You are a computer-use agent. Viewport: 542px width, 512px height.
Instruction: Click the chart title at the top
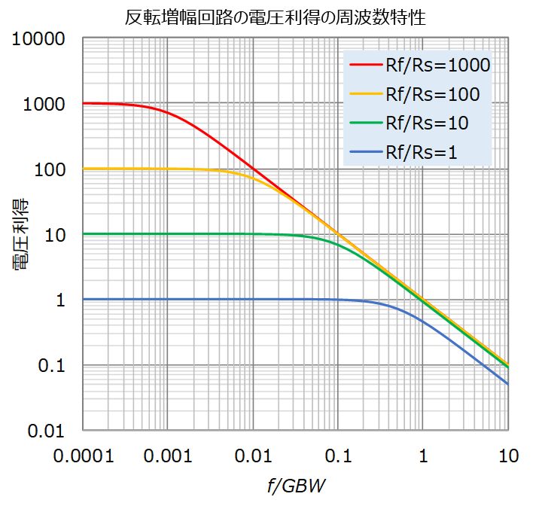pyautogui.click(x=275, y=17)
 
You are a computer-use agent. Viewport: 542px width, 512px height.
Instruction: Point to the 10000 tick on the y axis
pyautogui.click(x=38, y=38)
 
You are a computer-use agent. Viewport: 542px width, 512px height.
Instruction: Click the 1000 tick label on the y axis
pyautogui.click(x=44, y=104)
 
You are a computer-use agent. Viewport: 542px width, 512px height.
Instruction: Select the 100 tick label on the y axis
pyautogui.click(x=50, y=169)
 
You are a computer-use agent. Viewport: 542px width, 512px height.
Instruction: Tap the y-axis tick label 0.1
pyautogui.click(x=51, y=365)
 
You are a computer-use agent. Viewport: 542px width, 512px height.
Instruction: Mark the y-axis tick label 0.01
pyautogui.click(x=46, y=431)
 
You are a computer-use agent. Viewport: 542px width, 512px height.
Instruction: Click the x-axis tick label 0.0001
pyautogui.click(x=84, y=456)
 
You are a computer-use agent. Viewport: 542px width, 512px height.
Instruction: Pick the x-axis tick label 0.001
pyautogui.click(x=168, y=456)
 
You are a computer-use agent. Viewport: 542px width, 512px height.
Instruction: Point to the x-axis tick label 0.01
pyautogui.click(x=253, y=456)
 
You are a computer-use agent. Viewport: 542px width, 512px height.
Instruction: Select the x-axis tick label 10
pyautogui.click(x=508, y=456)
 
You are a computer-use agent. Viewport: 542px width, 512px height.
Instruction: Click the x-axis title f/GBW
pyautogui.click(x=297, y=486)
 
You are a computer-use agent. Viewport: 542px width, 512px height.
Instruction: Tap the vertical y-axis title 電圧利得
pyautogui.click(x=21, y=234)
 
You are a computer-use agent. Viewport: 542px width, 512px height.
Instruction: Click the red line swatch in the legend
pyautogui.click(x=366, y=65)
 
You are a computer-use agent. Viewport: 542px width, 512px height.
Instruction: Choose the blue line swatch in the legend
pyautogui.click(x=366, y=152)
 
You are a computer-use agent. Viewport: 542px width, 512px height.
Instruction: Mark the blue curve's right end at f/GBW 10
pyautogui.click(x=508, y=385)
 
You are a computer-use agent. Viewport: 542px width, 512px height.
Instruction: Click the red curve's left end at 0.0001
pyautogui.click(x=84, y=103)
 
